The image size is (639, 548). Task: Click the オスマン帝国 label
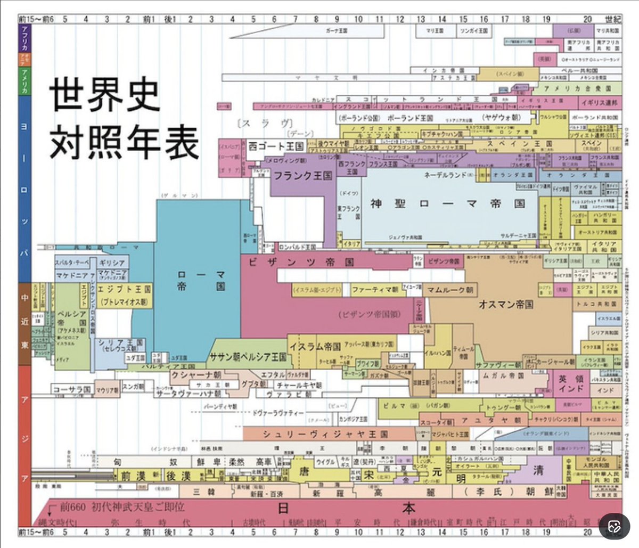(x=506, y=305)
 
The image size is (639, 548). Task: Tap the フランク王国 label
(x=303, y=176)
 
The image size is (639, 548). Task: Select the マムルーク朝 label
(x=450, y=290)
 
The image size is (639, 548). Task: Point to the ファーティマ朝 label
(x=375, y=290)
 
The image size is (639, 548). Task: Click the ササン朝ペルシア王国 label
(x=248, y=357)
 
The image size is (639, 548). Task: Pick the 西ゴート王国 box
(x=276, y=146)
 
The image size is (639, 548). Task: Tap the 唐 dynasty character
(x=304, y=471)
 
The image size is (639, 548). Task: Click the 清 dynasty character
(x=538, y=470)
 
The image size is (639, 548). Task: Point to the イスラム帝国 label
(x=315, y=346)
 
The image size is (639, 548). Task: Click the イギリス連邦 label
(x=600, y=102)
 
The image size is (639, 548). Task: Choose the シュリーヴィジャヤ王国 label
(x=325, y=434)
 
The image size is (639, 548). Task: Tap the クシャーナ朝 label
(x=196, y=375)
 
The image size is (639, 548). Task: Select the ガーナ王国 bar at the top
(x=337, y=31)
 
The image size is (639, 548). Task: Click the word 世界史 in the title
(x=104, y=95)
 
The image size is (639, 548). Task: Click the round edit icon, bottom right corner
(x=614, y=527)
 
